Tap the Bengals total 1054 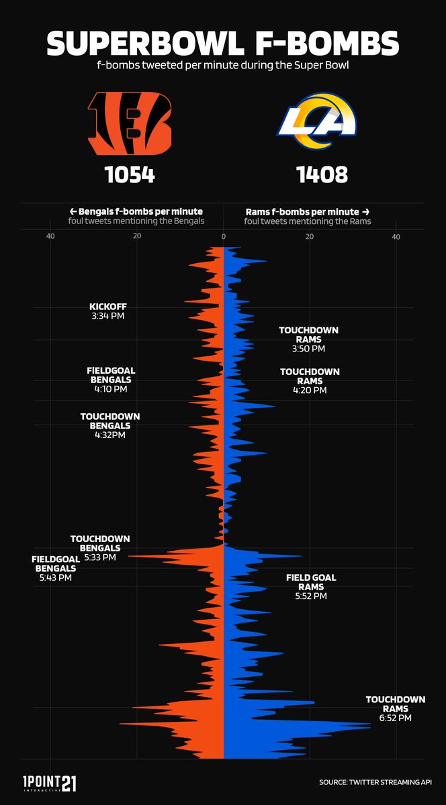[130, 175]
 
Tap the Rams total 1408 [322, 175]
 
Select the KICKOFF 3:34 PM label [107, 311]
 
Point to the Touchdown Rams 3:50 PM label [308, 339]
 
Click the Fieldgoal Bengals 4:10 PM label [111, 380]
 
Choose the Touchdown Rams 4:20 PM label [310, 380]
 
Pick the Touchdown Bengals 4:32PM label [110, 425]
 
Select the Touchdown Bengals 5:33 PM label [100, 547]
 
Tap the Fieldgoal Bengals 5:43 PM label [55, 568]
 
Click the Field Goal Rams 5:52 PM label [311, 586]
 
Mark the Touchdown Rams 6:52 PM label [395, 708]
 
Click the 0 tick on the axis [223, 236]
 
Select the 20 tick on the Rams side [310, 236]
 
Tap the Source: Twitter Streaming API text [375, 783]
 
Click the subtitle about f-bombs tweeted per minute [222, 67]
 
